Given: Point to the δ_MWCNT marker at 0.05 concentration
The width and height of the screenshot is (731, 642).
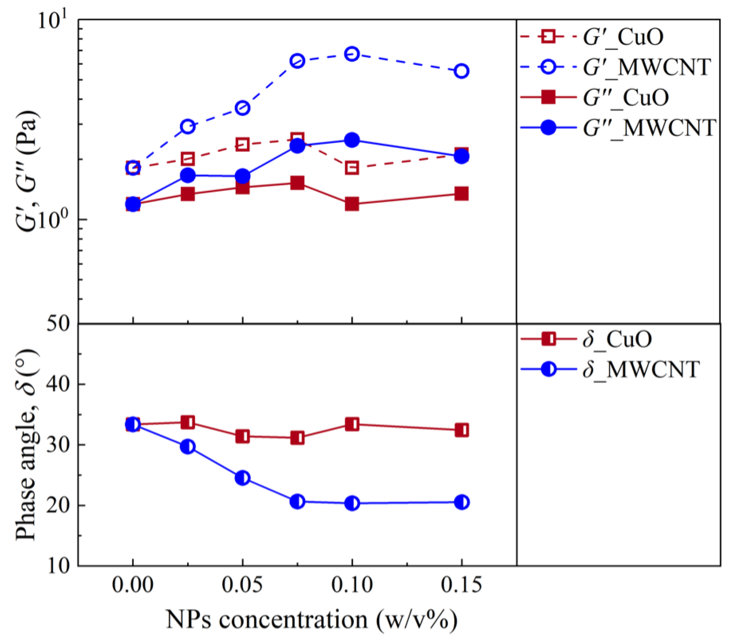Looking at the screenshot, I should click(242, 478).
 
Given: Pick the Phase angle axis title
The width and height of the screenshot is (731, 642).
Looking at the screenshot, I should click(27, 445).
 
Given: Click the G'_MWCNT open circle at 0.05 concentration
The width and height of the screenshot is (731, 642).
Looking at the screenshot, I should click(242, 108).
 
